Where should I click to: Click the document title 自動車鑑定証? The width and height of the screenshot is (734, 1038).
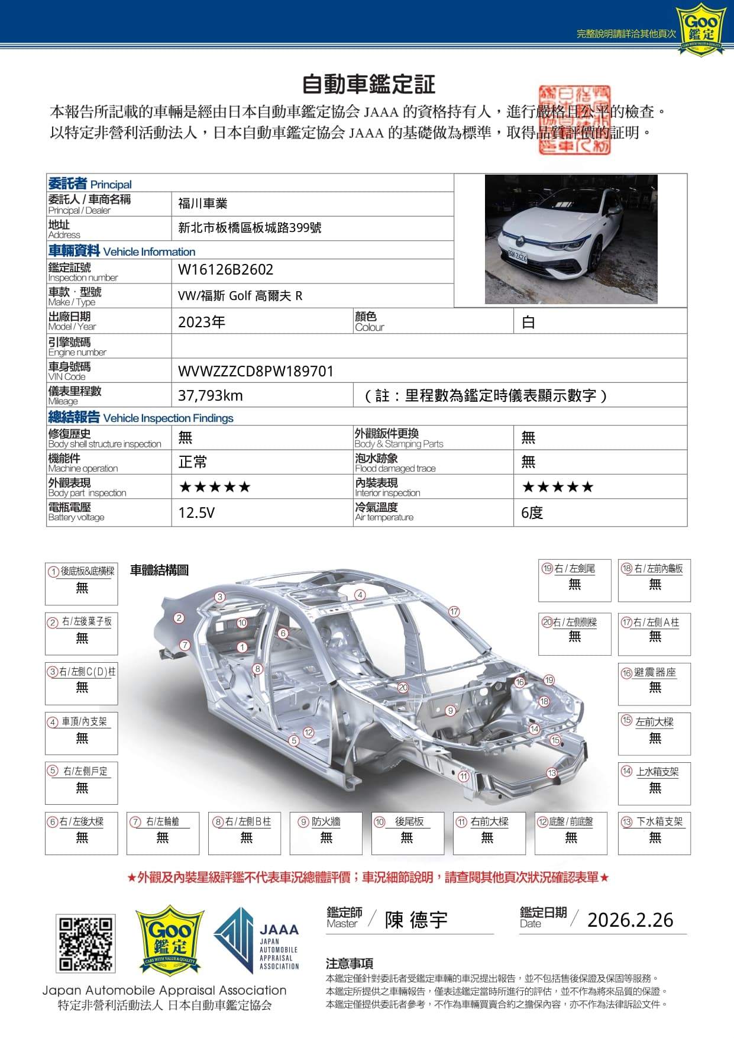[368, 85]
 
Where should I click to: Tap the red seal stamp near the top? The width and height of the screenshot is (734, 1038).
[574, 120]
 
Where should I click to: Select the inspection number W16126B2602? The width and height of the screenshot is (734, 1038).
[225, 270]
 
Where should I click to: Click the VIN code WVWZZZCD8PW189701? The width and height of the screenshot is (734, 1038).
[256, 371]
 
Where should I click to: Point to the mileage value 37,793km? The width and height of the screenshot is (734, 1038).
[211, 395]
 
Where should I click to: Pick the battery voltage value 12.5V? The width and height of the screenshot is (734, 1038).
[196, 512]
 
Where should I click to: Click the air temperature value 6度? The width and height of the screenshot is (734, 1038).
[532, 512]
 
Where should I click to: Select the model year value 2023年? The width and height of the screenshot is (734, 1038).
[202, 322]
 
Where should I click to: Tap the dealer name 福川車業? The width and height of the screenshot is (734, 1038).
[203, 204]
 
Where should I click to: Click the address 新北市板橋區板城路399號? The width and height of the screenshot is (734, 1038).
[250, 228]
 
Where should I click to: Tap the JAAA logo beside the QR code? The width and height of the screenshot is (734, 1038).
[257, 941]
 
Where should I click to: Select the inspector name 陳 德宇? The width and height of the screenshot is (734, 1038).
[416, 920]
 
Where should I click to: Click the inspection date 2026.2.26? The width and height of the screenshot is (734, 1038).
[630, 920]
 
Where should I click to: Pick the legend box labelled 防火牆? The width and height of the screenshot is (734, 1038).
[326, 833]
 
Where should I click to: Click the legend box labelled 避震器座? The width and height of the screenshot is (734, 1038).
[654, 684]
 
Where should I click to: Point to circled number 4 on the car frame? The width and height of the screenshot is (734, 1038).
[360, 595]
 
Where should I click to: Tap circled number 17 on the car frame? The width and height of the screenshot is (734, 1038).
[454, 611]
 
